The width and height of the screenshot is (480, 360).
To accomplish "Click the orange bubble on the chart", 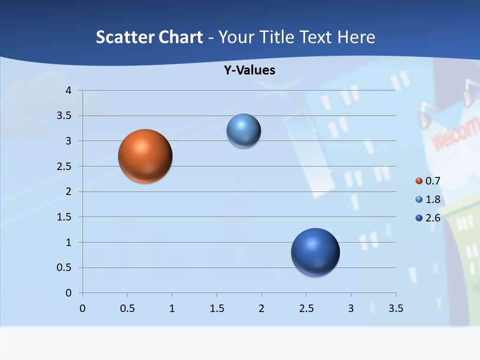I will click(x=145, y=156).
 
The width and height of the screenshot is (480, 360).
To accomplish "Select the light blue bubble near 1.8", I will click(x=243, y=131).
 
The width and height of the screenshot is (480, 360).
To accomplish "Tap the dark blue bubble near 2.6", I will click(x=315, y=252).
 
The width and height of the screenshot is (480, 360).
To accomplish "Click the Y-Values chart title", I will click(x=249, y=70).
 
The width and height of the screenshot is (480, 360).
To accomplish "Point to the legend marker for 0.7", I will click(x=419, y=181).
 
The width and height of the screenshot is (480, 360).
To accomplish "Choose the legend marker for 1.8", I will click(x=419, y=199).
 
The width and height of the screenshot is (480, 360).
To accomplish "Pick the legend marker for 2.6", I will click(x=419, y=218).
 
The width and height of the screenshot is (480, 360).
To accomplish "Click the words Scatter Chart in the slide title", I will click(x=149, y=37).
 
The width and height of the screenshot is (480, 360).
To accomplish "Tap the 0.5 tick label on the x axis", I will click(x=127, y=308).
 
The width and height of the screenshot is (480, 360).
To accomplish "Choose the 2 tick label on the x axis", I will click(x=261, y=308).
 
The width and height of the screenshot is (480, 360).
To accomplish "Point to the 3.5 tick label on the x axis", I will click(x=395, y=308).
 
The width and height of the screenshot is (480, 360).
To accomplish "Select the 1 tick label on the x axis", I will click(x=172, y=308).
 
